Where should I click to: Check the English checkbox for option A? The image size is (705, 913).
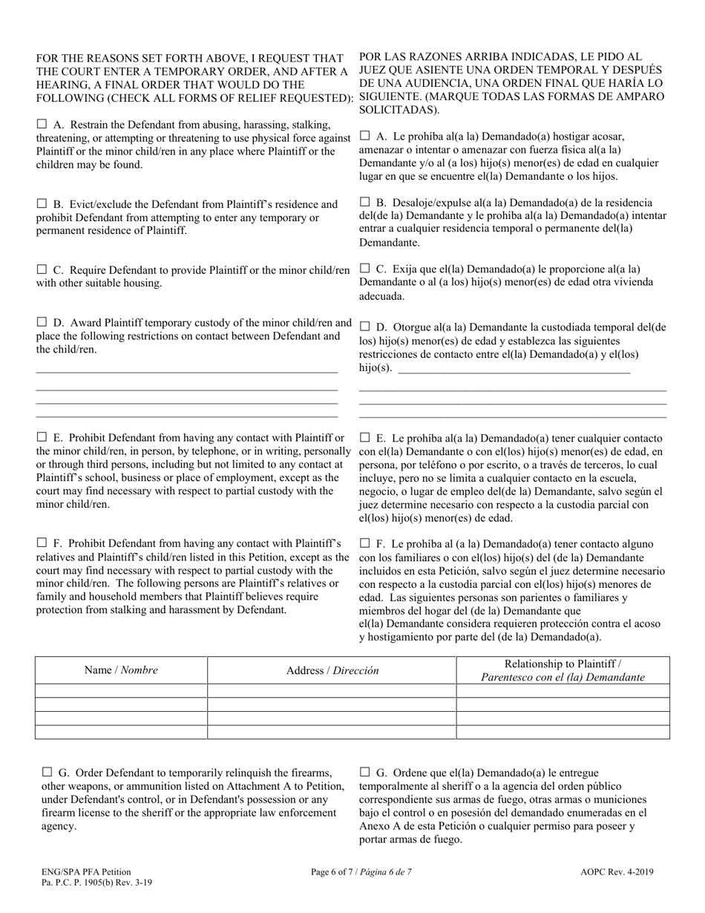[42, 124]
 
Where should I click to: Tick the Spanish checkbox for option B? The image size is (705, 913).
[364, 202]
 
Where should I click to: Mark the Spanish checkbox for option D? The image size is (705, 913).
[364, 327]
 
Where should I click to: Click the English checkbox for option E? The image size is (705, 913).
[42, 437]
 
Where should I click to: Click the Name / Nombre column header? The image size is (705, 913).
[121, 670]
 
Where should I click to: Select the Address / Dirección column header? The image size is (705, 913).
[332, 670]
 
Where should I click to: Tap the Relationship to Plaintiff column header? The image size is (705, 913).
[563, 670]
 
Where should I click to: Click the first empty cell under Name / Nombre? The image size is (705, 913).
[121, 691]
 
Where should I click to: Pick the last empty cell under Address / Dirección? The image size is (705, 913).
[332, 732]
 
